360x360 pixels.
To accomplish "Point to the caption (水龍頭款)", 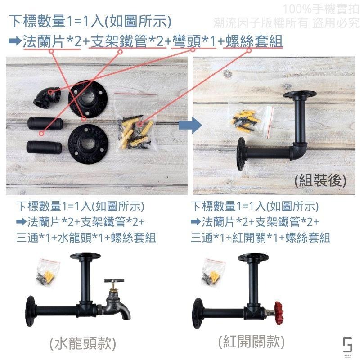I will (x=83, y=344).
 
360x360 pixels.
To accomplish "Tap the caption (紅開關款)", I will (x=252, y=342).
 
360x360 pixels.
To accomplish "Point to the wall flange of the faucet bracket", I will (x=31, y=311).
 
